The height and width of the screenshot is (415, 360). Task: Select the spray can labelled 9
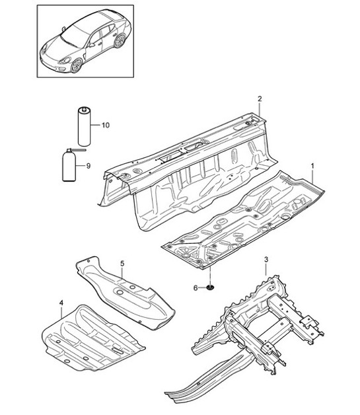67,169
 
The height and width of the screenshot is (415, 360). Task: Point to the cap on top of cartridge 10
85,108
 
